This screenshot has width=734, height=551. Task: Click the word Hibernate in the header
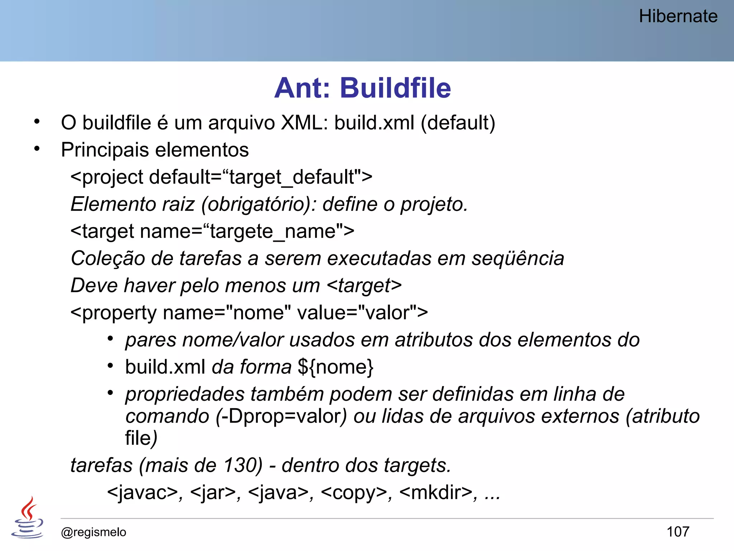tap(678, 17)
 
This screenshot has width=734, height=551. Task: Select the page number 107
tap(678, 532)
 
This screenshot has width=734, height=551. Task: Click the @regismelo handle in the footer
tap(94, 532)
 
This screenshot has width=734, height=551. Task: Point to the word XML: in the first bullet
tap(304, 123)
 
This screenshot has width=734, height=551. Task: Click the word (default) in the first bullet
tap(458, 123)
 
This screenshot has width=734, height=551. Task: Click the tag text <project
tap(107, 177)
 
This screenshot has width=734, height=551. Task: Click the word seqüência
tap(518, 258)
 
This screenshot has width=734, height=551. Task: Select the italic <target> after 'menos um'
tap(364, 286)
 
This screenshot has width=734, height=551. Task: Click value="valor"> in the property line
tap(362, 312)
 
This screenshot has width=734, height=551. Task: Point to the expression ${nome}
tap(336, 367)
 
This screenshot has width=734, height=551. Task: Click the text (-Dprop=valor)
tap(281, 416)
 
